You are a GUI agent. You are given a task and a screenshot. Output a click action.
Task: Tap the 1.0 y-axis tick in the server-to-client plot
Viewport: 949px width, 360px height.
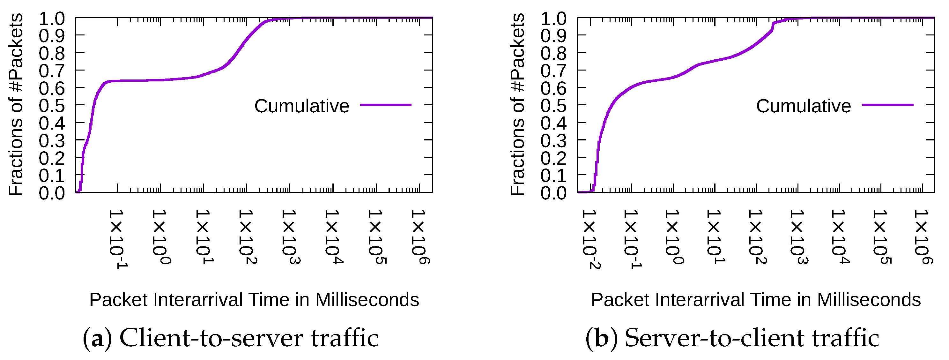(553, 19)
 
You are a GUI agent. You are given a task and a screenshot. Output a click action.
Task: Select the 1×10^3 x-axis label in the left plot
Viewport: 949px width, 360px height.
(291, 237)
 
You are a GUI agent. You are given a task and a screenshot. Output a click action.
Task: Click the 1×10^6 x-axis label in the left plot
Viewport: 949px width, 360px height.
(420, 237)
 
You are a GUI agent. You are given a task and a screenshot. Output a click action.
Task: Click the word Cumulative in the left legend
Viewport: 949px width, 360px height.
(302, 106)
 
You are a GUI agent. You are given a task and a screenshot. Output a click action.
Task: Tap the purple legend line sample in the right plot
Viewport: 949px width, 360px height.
(888, 105)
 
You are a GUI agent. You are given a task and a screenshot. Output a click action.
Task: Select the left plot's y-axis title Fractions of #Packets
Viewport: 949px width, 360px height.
(16, 105)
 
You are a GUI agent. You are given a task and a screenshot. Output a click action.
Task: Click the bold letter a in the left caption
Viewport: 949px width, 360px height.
(97, 338)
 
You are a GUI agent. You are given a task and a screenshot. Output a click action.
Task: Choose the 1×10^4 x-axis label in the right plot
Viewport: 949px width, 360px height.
(840, 237)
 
